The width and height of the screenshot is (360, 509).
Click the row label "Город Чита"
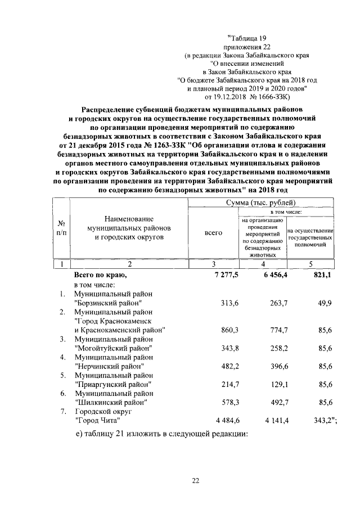(x=98, y=420)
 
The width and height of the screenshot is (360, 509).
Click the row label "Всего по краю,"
(x=101, y=276)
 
